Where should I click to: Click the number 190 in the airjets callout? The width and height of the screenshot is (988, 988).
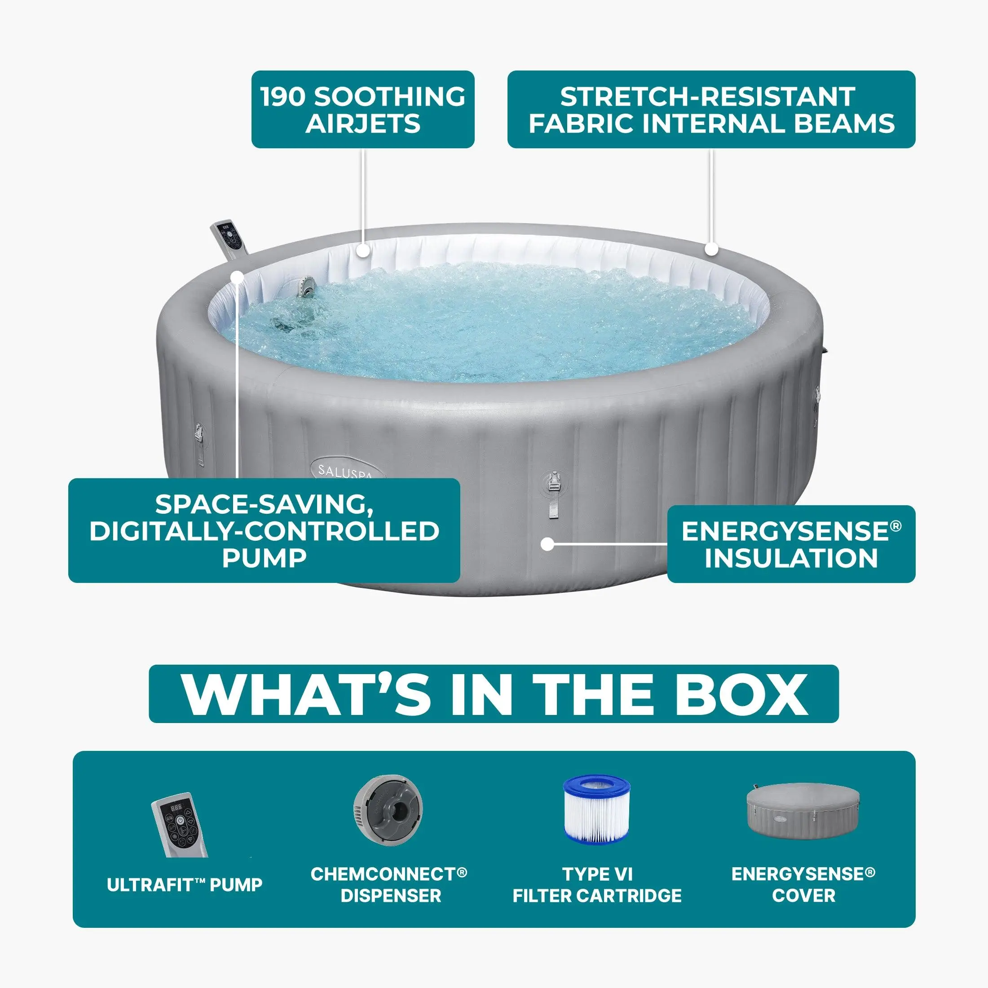(x=282, y=97)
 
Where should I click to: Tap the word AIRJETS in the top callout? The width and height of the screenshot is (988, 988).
(x=363, y=124)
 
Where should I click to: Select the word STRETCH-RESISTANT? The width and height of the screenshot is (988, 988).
(x=708, y=97)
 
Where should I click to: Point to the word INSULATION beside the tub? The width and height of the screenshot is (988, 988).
(x=792, y=557)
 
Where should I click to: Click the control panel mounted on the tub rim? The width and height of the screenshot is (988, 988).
(x=231, y=240)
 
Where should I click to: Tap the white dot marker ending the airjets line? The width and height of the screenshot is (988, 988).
(x=363, y=251)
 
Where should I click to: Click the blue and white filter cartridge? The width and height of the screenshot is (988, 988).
(x=597, y=811)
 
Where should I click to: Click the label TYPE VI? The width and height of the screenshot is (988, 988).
(x=597, y=874)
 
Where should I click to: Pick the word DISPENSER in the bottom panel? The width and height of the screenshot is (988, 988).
(x=391, y=895)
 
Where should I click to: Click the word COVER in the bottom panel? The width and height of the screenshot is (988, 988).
(x=803, y=895)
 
